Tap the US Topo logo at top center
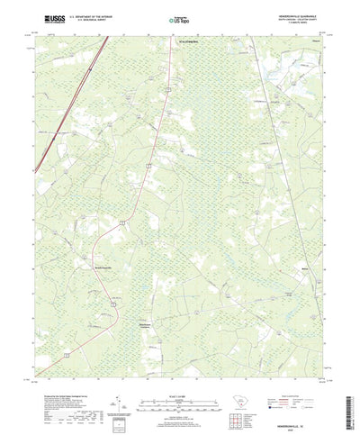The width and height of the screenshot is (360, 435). pos(180,17)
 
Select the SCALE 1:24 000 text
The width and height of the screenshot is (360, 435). pos(179,372)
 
